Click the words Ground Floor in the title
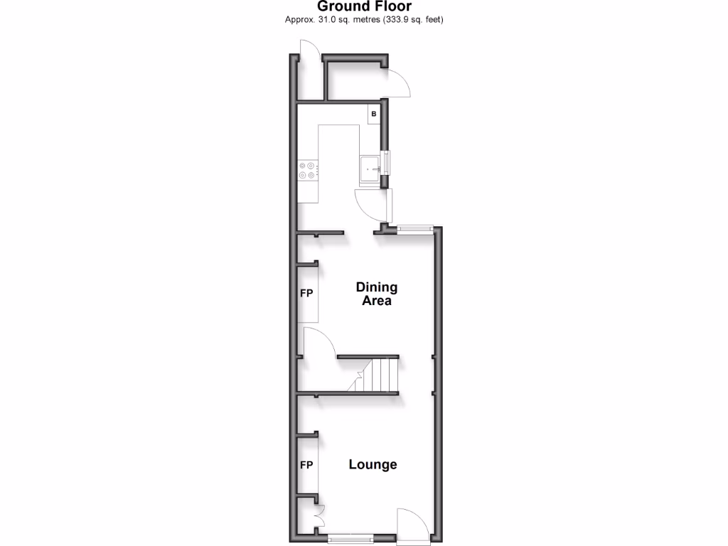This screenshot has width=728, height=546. pos(363,6)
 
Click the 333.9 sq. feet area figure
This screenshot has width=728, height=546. pos(413,20)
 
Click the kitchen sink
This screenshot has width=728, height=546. pos(370,168)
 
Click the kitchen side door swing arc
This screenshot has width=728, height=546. pos(370,205)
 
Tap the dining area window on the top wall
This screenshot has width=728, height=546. pos(415,228)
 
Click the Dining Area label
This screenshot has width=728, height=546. pos(376,294)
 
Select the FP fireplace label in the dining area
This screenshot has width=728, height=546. pos(306,293)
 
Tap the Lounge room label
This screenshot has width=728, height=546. pos(373,464)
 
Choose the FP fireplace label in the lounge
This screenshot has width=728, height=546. pos(306,465)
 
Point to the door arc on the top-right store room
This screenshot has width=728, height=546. pos(399,82)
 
